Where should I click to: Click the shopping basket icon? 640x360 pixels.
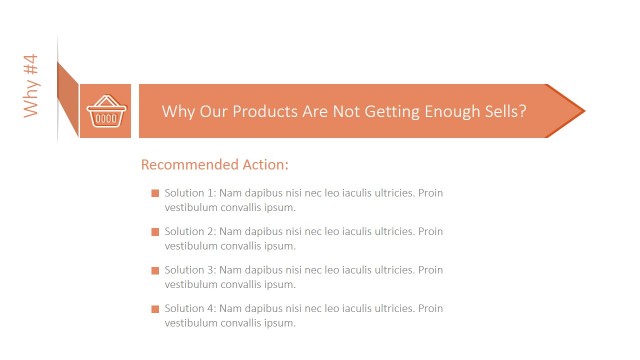coord(105,112)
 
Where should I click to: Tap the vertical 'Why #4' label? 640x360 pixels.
coord(31,86)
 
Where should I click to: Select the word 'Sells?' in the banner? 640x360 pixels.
coord(504,111)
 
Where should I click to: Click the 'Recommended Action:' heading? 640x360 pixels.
coord(215,164)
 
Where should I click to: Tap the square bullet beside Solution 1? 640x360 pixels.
coord(155,193)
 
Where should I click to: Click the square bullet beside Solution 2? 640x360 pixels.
coord(155,232)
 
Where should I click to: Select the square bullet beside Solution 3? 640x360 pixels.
coord(155,270)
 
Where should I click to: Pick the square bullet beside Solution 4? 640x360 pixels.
coord(155,309)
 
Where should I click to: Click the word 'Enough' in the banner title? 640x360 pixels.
coord(443,111)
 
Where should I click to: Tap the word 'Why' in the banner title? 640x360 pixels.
coord(177,111)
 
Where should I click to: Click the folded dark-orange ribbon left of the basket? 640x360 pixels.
coord(68,98)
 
